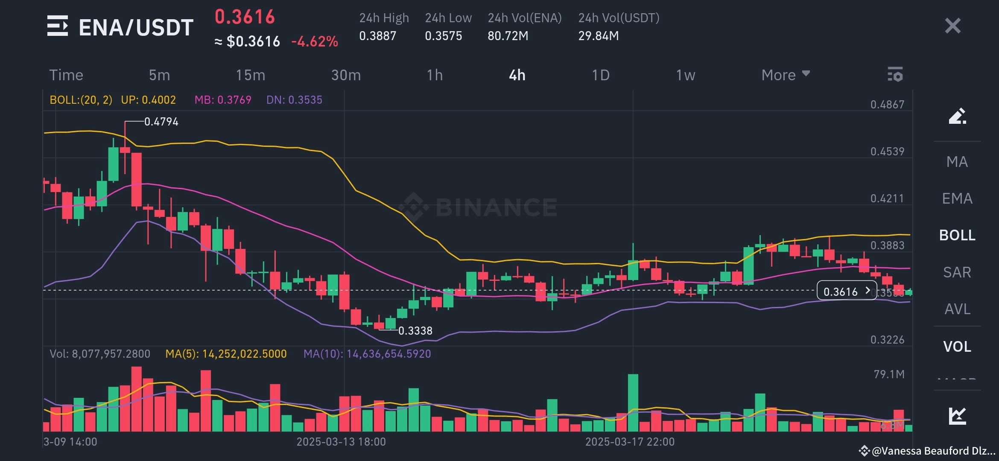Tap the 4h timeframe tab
[x=517, y=75]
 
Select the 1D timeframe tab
[x=600, y=75]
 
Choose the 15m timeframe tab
[x=251, y=75]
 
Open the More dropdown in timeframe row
[x=785, y=75]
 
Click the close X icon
[x=952, y=26]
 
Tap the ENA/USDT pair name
[x=136, y=27]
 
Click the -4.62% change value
[x=315, y=41]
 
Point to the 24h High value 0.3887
[x=377, y=36]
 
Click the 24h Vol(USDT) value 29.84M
[x=598, y=36]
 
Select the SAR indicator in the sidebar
[x=957, y=272]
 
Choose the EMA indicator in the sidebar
[x=957, y=198]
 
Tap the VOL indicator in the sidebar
[x=957, y=347]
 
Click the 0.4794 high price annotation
[x=161, y=122]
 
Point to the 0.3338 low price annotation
[x=415, y=331]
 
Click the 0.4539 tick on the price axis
[x=887, y=152]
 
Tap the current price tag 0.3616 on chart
[x=846, y=292]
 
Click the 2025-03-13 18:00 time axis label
[x=341, y=442]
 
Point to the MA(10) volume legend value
[x=367, y=354]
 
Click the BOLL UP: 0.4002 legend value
[x=148, y=100]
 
